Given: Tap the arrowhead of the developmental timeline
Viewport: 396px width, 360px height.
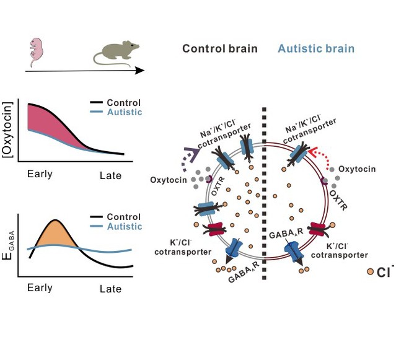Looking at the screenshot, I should [x=139, y=71].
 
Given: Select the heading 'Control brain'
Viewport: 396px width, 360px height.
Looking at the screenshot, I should [x=219, y=49].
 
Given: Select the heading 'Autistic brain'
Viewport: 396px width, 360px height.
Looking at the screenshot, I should [x=316, y=49].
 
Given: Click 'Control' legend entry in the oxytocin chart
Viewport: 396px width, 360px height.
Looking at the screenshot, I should [x=123, y=103].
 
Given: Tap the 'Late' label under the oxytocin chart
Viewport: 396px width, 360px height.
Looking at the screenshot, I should [x=111, y=176].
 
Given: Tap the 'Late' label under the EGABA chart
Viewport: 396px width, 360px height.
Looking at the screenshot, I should [x=111, y=289].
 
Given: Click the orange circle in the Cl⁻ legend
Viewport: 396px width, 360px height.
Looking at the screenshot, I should [x=370, y=271].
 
